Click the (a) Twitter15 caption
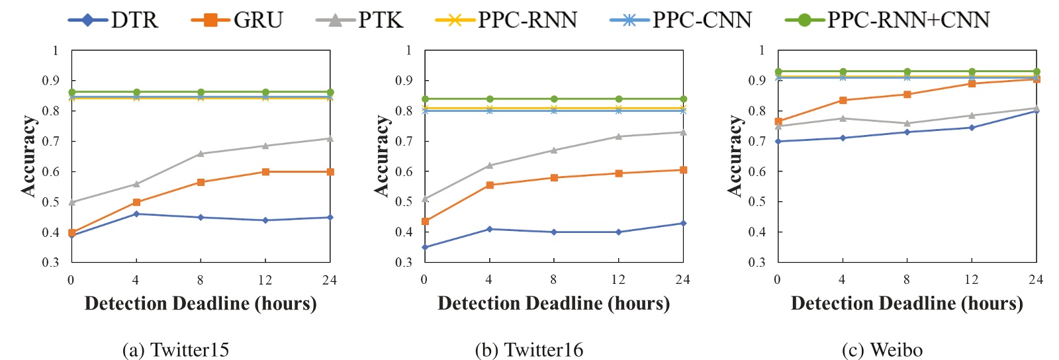coord(176,349)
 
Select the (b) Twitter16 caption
coord(529,349)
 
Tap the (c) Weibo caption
coord(882,349)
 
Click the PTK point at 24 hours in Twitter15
coord(330,138)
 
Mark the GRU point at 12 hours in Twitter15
coord(265,171)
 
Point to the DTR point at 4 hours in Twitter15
coord(136,214)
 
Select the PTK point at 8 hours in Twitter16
coord(554,150)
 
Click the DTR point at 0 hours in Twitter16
coord(425,247)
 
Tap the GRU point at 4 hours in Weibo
coord(843,100)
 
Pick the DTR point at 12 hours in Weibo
coord(972,128)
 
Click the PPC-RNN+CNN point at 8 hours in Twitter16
coord(554,99)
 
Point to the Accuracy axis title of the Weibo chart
coord(735,156)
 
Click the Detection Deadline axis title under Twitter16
coord(553,304)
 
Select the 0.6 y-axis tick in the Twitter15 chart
coord(51,172)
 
